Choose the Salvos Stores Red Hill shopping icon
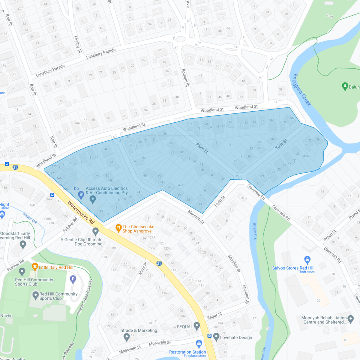[x=307, y=259]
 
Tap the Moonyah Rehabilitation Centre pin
[x=350, y=319]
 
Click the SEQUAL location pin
[x=197, y=326]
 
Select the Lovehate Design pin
[x=216, y=337]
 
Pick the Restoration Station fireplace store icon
[x=199, y=343]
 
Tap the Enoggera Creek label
[x=301, y=90]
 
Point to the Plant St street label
[x=202, y=148]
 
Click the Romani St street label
[x=185, y=78]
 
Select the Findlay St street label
[x=78, y=44]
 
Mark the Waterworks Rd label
[x=81, y=212]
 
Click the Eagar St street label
[x=214, y=316]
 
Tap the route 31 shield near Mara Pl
[x=159, y=263]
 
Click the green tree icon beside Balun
[x=345, y=87]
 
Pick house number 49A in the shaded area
[x=143, y=158]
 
